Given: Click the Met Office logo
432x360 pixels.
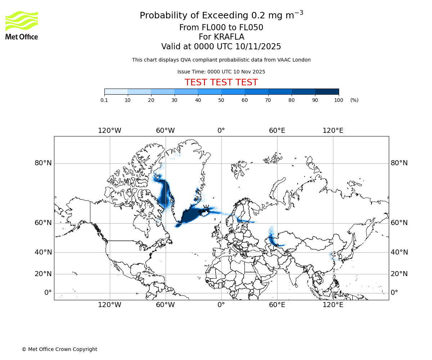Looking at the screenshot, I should (22, 25).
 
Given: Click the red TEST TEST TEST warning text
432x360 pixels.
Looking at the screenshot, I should (221, 83).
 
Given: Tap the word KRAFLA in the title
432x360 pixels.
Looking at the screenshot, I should (229, 37).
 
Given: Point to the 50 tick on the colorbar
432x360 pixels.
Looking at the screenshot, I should (221, 100).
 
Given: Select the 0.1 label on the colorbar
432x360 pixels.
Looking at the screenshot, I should (104, 100).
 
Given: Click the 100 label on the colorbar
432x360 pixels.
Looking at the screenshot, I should (338, 100).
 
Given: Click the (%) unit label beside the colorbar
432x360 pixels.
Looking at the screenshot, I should (354, 100).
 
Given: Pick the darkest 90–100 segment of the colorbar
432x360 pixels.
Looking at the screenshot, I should (327, 91).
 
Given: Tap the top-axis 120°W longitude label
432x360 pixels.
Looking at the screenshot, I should (109, 130).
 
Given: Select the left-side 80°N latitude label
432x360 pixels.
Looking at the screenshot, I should (43, 163).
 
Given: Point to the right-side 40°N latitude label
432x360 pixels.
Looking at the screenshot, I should (399, 252).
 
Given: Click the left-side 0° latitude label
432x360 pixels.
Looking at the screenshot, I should (48, 293).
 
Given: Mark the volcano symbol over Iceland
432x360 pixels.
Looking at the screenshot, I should (206, 208).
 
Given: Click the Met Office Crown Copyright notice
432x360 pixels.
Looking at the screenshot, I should (59, 349).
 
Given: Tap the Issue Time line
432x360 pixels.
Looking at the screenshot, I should (221, 72).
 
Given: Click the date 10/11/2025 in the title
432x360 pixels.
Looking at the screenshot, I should (258, 47).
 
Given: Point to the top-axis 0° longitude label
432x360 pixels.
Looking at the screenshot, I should (221, 130).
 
